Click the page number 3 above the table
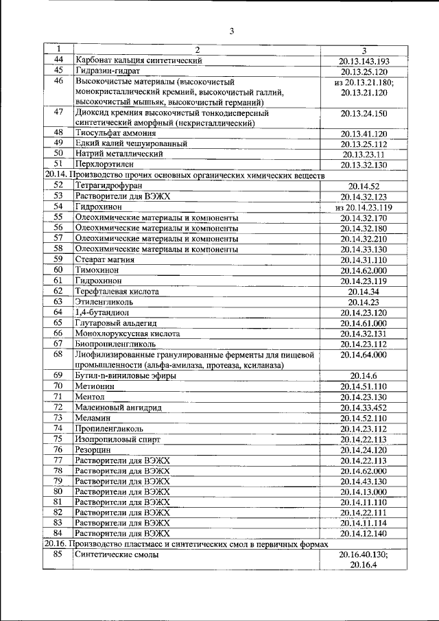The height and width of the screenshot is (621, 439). tap(232, 31)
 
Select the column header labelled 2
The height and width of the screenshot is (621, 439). tap(196, 50)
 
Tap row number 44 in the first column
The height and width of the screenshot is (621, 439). tap(58, 60)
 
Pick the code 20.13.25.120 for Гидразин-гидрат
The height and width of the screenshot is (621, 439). tap(364, 71)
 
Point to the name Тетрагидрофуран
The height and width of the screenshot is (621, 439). tap(110, 185)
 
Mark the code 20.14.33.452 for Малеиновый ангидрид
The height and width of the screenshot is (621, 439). tap(364, 408)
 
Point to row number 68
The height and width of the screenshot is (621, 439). tap(58, 354)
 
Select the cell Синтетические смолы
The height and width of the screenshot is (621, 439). tap(117, 554)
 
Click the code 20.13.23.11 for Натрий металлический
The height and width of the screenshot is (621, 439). tap(364, 154)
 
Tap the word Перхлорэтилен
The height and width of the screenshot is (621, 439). tap(103, 165)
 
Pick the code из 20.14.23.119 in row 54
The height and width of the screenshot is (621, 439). tap(364, 207)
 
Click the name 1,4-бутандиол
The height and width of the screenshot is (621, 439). tap(104, 312)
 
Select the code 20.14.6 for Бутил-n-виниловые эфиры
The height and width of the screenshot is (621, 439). tap(364, 375)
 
